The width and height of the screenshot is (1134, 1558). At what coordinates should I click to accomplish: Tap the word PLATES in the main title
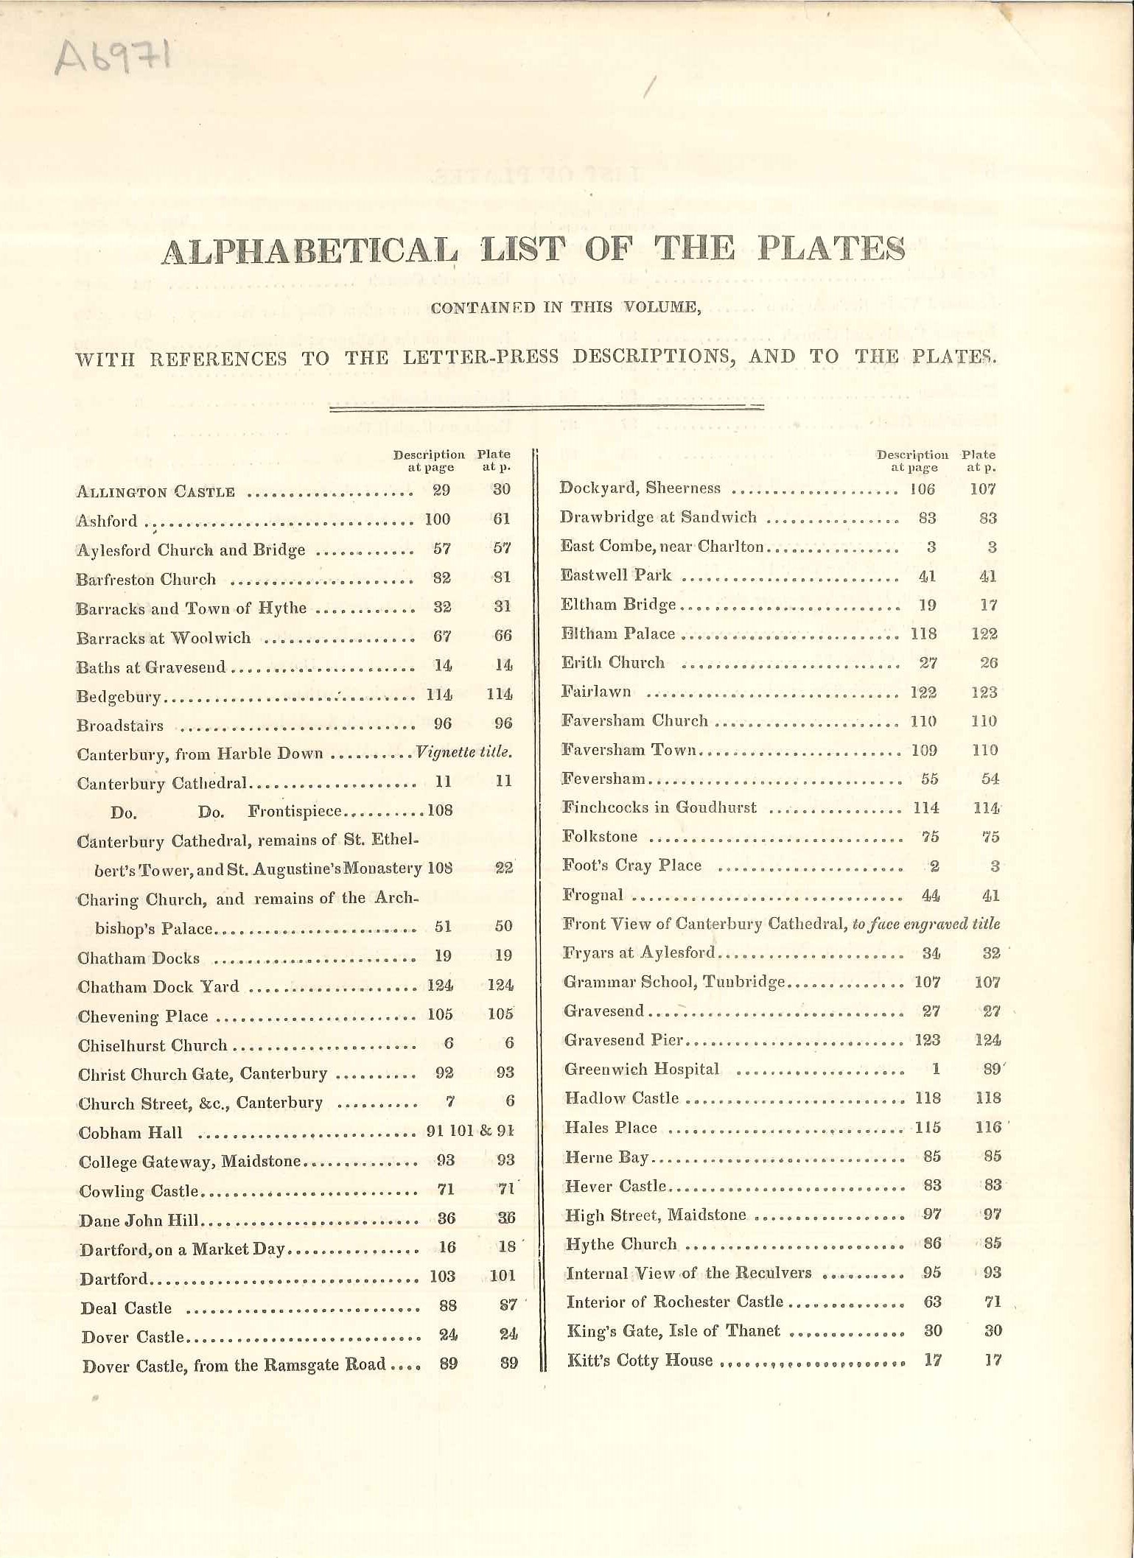(832, 249)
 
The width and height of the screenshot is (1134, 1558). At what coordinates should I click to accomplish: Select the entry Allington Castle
(155, 492)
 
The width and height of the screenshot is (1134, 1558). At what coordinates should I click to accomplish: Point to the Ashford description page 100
(438, 519)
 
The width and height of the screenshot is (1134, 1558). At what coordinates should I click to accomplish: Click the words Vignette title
(463, 753)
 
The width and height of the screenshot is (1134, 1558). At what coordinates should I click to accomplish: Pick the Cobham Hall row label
(130, 1133)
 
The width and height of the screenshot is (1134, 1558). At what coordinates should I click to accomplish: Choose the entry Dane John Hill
(139, 1220)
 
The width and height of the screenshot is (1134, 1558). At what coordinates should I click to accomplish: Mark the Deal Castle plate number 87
(508, 1305)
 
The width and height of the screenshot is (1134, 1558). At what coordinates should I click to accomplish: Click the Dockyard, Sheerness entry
(640, 488)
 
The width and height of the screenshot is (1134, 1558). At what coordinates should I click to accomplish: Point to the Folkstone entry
(600, 837)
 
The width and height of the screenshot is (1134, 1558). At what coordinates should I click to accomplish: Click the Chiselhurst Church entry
(153, 1046)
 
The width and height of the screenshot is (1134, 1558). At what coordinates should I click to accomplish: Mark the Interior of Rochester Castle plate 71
(993, 1302)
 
